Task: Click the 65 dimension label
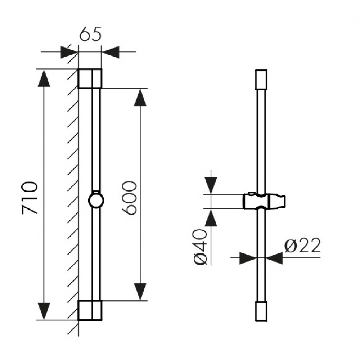(90, 34)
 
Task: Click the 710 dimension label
(30, 198)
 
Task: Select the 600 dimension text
(129, 198)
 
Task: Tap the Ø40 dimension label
(200, 247)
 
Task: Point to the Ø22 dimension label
(302, 246)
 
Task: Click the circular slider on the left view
(96, 200)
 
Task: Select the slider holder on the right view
(264, 201)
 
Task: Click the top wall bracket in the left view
(90, 78)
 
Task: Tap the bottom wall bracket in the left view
(90, 310)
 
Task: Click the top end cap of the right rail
(261, 80)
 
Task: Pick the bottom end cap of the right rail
(261, 311)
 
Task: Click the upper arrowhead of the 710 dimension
(44, 78)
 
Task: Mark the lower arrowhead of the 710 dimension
(44, 311)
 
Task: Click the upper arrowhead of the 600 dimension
(140, 98)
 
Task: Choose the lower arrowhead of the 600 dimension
(140, 292)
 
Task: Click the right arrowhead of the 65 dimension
(111, 52)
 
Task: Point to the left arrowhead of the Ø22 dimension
(248, 258)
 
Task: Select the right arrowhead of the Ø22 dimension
(274, 258)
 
